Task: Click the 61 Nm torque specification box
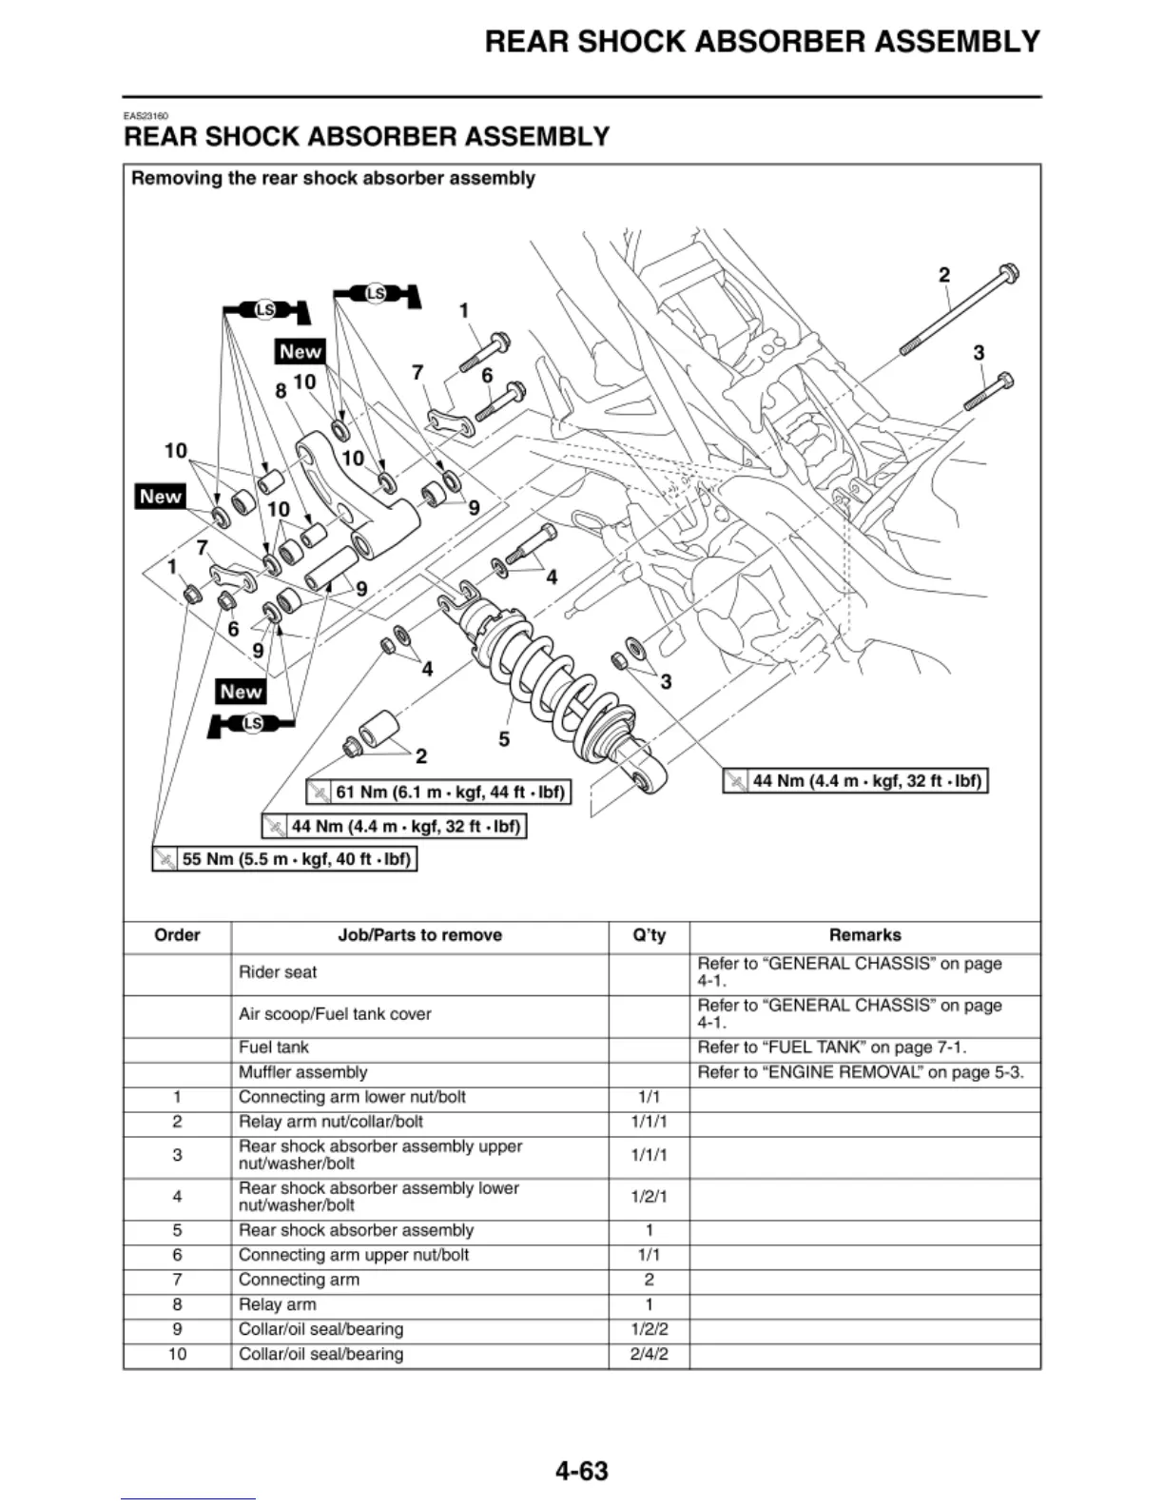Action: [439, 792]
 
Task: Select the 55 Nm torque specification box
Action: [285, 859]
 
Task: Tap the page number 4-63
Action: [581, 1471]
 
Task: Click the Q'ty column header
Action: [649, 935]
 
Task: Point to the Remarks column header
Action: [864, 935]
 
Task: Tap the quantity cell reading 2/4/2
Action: [649, 1354]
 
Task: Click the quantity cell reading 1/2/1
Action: [649, 1196]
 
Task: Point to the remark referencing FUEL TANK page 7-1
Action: [831, 1047]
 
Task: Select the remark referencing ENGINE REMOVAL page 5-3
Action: [860, 1072]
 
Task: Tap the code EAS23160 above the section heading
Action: [145, 116]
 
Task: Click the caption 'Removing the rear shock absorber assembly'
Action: [333, 178]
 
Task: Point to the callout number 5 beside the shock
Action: [504, 738]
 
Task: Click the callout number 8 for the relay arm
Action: [281, 390]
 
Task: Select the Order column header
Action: [177, 935]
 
